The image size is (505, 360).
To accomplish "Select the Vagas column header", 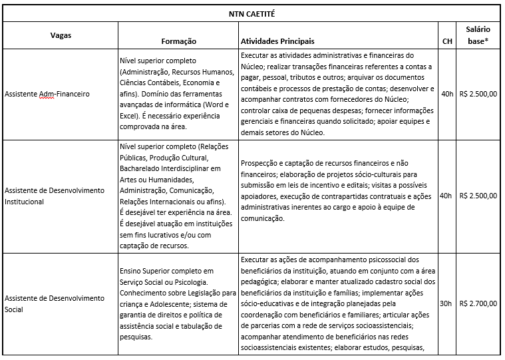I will click(61, 34).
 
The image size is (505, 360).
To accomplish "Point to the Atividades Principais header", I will click(277, 41).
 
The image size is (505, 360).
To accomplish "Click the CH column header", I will click(447, 41).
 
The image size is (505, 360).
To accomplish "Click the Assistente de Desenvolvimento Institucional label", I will click(54, 196).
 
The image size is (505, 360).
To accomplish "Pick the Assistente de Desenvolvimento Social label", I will click(54, 304).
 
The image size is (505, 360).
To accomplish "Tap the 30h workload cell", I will click(447, 304).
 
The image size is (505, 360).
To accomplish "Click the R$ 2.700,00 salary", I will click(478, 304).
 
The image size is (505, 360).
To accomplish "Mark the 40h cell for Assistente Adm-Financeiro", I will click(447, 94).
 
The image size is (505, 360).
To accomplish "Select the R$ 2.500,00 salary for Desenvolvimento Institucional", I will click(478, 196).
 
